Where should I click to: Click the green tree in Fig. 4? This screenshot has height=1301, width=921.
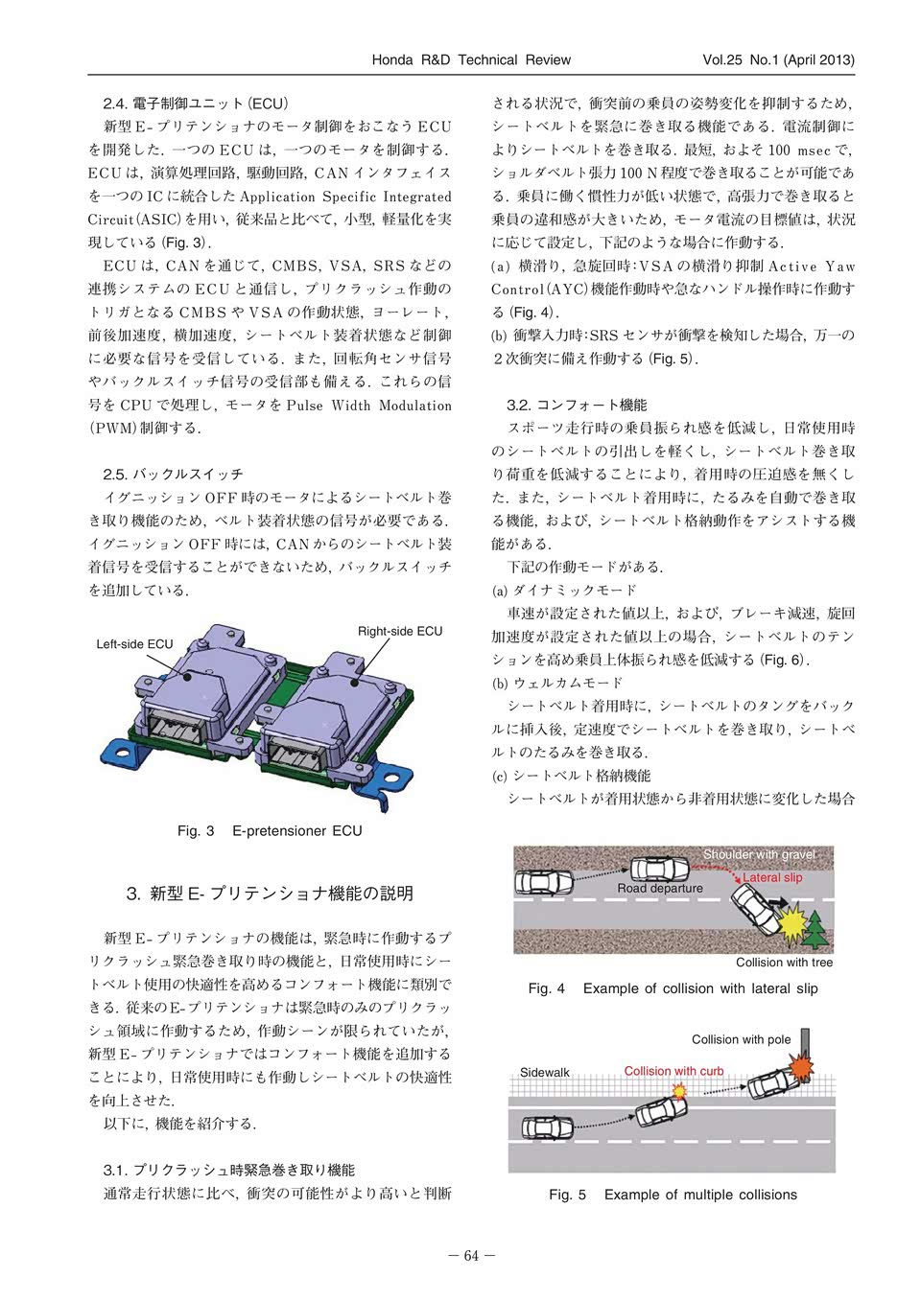click(816, 928)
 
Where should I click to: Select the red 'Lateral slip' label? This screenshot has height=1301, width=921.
click(772, 877)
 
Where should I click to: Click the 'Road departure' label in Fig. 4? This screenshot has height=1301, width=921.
click(660, 889)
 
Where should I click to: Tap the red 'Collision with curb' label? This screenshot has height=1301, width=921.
click(673, 1071)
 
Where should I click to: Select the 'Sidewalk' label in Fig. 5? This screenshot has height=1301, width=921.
click(545, 1072)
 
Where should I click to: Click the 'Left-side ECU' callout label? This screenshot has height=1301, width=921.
click(135, 644)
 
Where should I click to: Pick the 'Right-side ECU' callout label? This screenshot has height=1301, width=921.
click(400, 631)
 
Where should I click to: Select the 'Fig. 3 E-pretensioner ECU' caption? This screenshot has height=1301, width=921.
click(270, 830)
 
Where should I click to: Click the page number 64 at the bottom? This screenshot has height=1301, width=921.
click(470, 1256)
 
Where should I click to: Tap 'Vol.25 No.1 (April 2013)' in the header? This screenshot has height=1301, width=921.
click(778, 59)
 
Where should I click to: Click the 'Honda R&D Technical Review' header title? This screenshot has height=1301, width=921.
click(470, 59)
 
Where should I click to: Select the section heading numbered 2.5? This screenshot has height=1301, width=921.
click(174, 474)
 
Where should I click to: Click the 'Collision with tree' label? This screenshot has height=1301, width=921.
click(784, 963)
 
